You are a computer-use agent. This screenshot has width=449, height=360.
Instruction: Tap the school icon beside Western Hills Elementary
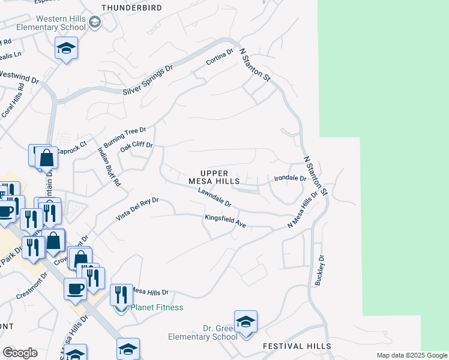click(x=94, y=23)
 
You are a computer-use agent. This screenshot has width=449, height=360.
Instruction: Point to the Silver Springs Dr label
click(x=147, y=80)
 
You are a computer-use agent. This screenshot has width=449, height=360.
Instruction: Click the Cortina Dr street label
click(x=219, y=58)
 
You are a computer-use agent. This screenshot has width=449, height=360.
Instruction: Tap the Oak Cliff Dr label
click(x=137, y=146)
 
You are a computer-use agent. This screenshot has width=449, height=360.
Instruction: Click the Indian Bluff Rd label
click(x=109, y=166)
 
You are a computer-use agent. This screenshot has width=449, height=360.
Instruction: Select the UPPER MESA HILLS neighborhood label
click(x=214, y=177)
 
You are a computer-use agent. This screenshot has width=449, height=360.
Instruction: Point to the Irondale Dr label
click(x=290, y=178)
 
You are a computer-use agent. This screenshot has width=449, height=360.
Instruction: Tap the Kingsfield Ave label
click(x=226, y=221)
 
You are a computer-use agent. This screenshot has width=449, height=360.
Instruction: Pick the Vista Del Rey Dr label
click(x=137, y=208)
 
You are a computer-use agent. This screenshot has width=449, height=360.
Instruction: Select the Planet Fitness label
click(x=157, y=307)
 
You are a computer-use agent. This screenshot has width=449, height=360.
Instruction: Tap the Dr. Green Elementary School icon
click(x=246, y=322)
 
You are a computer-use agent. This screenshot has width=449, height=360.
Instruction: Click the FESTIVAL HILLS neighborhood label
click(x=297, y=347)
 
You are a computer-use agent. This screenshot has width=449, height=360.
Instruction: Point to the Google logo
click(x=20, y=353)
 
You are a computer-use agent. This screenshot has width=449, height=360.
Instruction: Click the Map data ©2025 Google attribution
click(x=412, y=355)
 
